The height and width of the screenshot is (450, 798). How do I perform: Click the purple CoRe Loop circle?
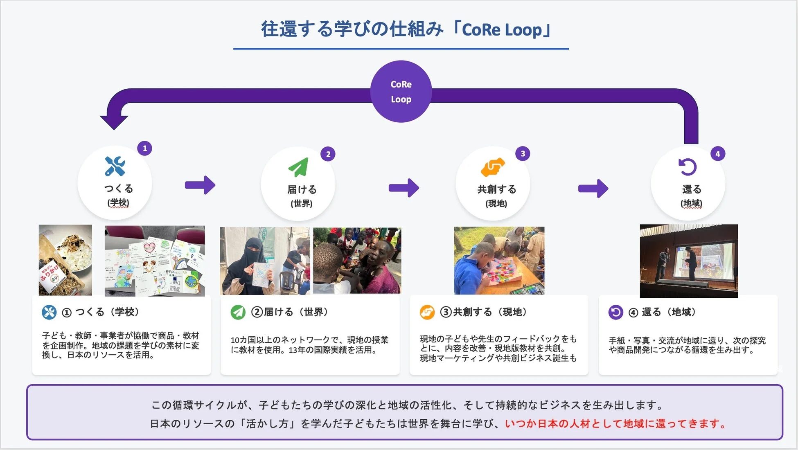click(401, 91)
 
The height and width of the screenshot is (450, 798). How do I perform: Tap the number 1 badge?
click(144, 148)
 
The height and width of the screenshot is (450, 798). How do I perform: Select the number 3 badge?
click(523, 153)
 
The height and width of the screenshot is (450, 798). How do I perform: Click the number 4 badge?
click(717, 154)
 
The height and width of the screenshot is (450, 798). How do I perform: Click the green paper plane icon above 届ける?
click(298, 167)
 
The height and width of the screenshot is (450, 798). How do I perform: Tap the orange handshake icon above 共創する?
click(492, 167)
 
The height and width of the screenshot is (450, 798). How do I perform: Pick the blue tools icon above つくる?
click(115, 166)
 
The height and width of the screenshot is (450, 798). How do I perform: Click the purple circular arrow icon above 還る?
click(688, 167)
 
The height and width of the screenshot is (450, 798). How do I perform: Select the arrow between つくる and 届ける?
click(200, 185)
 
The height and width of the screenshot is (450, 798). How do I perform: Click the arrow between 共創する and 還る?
click(593, 189)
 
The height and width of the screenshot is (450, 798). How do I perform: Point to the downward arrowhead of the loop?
click(114, 122)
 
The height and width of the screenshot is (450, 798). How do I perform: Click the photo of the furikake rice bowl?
click(65, 260)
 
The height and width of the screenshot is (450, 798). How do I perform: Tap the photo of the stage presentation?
click(689, 261)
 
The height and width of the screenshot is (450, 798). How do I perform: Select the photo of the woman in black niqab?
click(265, 261)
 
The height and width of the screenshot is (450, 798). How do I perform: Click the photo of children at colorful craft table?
click(499, 261)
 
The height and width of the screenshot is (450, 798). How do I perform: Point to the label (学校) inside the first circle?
click(118, 202)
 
